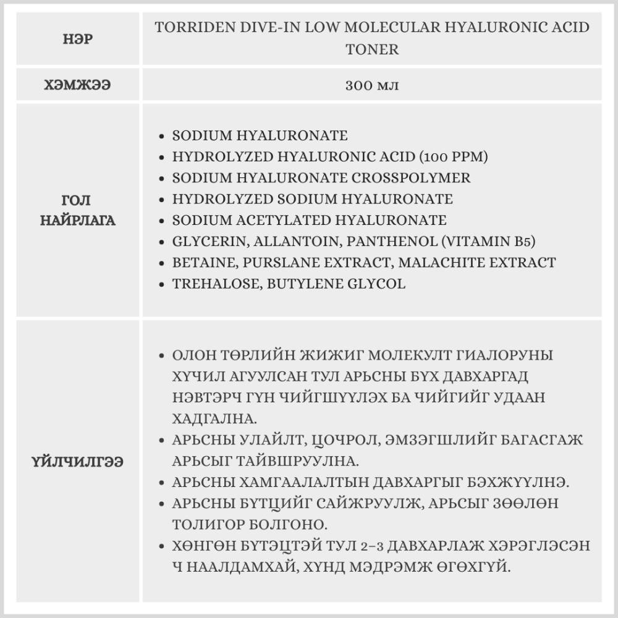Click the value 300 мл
[x=372, y=85]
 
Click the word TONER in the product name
[x=372, y=49]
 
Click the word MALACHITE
[x=439, y=263]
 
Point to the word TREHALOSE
[x=212, y=284]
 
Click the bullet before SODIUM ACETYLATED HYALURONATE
[x=162, y=221]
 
